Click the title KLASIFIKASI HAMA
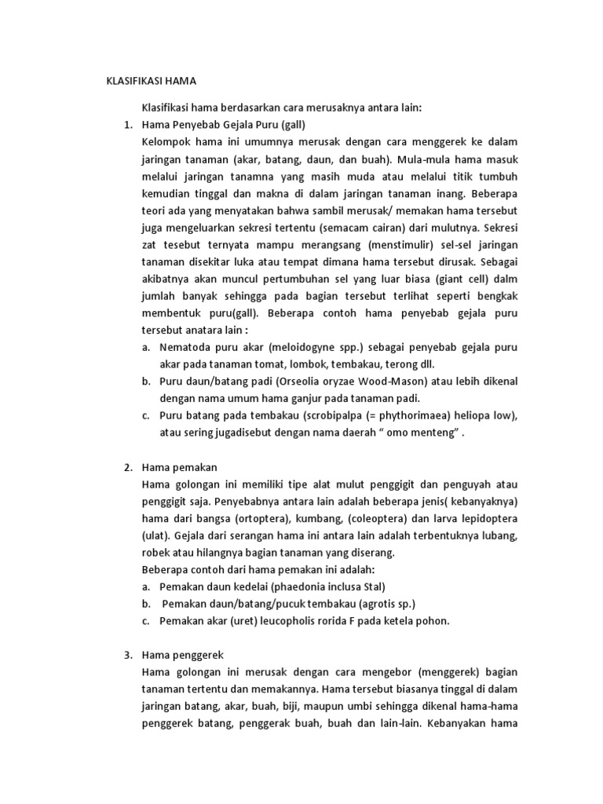(x=151, y=81)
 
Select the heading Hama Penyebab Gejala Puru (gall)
(x=223, y=124)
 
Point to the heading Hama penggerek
(x=183, y=654)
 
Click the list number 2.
(x=127, y=467)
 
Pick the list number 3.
(x=127, y=654)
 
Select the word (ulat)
(x=155, y=536)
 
